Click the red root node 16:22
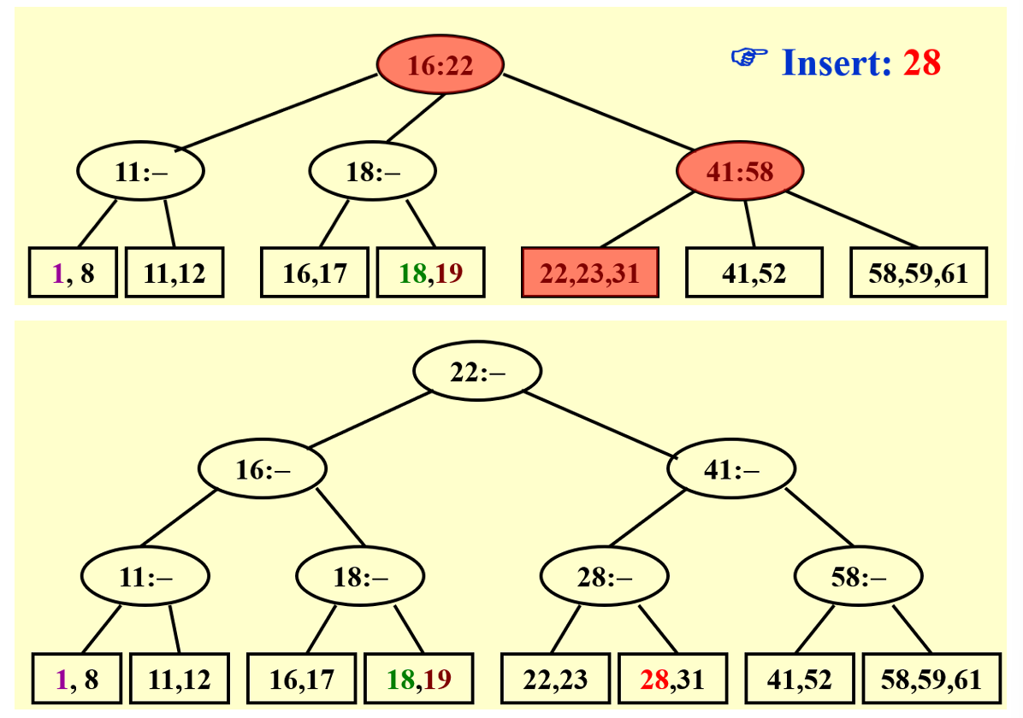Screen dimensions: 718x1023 click(x=441, y=65)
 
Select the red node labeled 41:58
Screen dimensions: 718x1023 click(x=740, y=172)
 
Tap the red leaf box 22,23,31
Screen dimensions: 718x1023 click(x=589, y=273)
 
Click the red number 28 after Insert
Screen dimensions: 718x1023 click(x=921, y=62)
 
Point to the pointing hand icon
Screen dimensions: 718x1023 click(x=749, y=58)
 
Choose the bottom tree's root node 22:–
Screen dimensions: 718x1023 click(x=477, y=371)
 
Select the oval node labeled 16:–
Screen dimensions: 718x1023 click(x=263, y=468)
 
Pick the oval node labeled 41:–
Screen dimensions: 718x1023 click(x=731, y=468)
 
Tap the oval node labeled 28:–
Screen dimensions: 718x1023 click(x=604, y=577)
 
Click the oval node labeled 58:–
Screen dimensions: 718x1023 click(x=858, y=577)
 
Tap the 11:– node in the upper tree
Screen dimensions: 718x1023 click(x=141, y=172)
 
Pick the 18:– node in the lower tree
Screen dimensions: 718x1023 click(x=360, y=577)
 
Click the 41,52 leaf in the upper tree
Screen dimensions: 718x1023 click(x=754, y=273)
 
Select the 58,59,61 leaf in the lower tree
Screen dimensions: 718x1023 click(x=931, y=680)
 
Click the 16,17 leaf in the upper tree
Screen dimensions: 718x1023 click(x=315, y=273)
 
